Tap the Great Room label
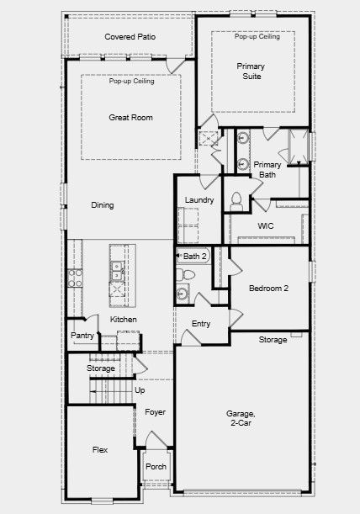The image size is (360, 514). (x=130, y=118)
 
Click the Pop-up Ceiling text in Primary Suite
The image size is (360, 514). (x=257, y=37)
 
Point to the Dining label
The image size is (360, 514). (x=103, y=204)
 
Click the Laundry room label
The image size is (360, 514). (x=199, y=199)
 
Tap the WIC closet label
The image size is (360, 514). (x=266, y=226)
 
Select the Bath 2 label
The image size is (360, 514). (x=195, y=256)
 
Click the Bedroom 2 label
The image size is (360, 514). (x=268, y=288)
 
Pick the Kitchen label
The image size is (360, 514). (x=124, y=320)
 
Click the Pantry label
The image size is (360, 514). (x=82, y=336)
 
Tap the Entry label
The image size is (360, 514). (x=201, y=324)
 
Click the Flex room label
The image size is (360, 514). (x=100, y=450)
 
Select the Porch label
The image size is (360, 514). (x=156, y=466)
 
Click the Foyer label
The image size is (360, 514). (x=155, y=412)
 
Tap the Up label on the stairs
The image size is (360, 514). (x=140, y=390)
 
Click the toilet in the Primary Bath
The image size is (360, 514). (x=236, y=200)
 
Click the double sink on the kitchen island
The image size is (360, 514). (x=118, y=270)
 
